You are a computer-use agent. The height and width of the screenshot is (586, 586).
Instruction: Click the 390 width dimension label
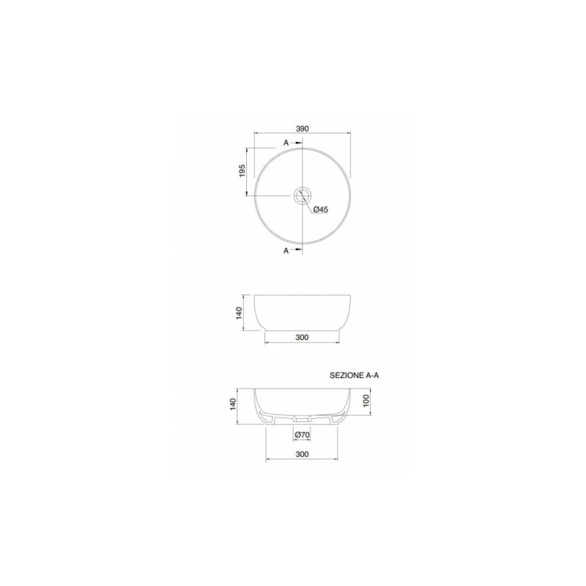tap(302, 127)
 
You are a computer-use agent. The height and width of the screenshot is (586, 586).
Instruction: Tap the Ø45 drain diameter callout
tap(320, 209)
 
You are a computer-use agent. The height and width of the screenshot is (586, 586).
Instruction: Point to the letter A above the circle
tap(286, 143)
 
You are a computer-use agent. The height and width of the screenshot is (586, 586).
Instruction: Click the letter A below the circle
tap(286, 251)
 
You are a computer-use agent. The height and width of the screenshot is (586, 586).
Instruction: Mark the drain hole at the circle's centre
tap(303, 196)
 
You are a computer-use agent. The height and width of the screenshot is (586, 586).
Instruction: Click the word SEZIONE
tap(346, 374)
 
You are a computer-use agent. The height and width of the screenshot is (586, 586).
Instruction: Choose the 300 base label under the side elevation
tap(302, 338)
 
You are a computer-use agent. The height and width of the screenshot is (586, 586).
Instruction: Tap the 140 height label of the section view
tap(232, 405)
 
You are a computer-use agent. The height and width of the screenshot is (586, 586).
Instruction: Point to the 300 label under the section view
tap(302, 454)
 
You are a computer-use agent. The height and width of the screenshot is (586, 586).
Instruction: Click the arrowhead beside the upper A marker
tap(298, 143)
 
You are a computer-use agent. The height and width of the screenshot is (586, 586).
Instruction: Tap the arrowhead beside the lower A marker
tap(298, 251)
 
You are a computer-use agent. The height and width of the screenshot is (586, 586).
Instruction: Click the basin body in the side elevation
tap(303, 311)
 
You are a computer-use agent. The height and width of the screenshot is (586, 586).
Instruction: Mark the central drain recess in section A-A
tap(302, 419)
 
